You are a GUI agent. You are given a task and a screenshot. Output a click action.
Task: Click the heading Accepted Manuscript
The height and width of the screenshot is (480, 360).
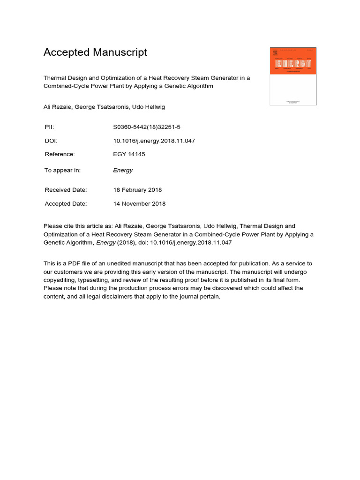click(95, 52)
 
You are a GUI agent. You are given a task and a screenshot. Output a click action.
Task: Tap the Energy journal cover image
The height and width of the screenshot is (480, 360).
click(293, 76)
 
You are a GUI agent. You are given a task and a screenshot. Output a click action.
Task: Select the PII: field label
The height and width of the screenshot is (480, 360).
click(50, 127)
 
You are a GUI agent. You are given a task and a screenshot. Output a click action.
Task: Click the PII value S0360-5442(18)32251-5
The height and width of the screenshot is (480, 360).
click(146, 127)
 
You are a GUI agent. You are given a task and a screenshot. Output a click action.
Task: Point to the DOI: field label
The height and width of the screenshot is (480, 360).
click(51, 141)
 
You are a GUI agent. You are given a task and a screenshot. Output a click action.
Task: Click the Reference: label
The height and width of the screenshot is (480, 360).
click(60, 154)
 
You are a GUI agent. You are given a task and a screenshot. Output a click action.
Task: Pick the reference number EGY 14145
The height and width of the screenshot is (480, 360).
click(129, 154)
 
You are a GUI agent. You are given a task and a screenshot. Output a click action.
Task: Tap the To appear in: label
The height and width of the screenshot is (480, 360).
click(62, 170)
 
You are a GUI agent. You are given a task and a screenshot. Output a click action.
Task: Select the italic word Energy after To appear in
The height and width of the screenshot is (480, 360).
click(123, 170)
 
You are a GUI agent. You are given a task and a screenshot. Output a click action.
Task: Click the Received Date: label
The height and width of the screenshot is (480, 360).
click(66, 190)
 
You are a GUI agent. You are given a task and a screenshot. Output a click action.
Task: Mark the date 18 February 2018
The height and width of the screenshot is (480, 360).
click(137, 190)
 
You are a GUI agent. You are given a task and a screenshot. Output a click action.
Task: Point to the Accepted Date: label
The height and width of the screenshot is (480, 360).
click(66, 204)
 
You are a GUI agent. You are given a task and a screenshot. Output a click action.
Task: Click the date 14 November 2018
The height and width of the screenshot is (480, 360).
click(139, 204)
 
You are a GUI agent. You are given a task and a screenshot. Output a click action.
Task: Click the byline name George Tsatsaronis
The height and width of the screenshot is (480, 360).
click(99, 107)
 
